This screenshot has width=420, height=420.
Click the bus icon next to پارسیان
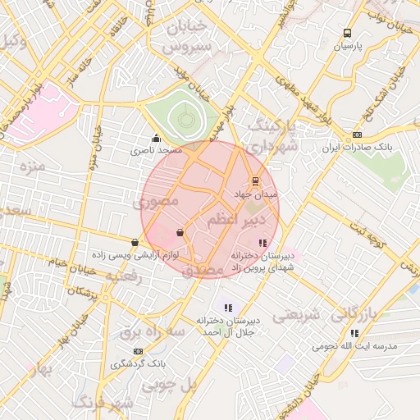tap(348, 34)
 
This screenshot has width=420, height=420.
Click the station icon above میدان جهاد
tap(255, 181)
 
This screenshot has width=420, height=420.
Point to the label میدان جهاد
tap(256, 194)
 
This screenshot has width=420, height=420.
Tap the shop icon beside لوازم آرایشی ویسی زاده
tap(135, 242)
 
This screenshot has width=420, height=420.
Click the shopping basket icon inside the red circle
tap(180, 233)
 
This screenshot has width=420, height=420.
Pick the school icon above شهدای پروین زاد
tap(262, 243)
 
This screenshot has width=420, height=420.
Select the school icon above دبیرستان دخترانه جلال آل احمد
tap(227, 307)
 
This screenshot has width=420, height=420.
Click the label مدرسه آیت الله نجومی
tap(354, 346)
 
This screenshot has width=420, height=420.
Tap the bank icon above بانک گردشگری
tap(137, 350)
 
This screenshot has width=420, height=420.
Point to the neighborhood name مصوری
tap(157, 199)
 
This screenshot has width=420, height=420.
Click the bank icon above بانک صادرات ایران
tap(356, 135)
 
